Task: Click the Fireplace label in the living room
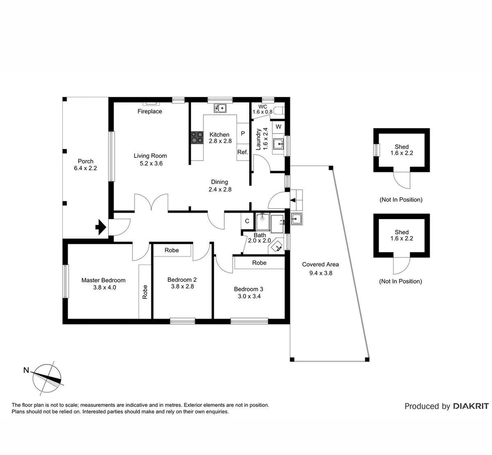click(x=150, y=111)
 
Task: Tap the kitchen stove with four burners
click(x=197, y=137)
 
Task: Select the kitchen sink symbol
click(x=220, y=108)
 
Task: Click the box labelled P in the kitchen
click(x=243, y=133)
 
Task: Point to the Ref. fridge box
click(x=242, y=152)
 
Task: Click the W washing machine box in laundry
click(x=278, y=127)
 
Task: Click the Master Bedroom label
click(x=103, y=280)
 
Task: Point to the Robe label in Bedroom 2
click(x=172, y=250)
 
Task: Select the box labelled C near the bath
click(x=247, y=221)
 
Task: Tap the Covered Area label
click(x=320, y=265)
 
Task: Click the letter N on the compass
click(x=26, y=371)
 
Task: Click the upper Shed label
click(x=402, y=147)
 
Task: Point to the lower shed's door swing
click(x=401, y=265)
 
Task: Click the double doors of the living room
click(x=151, y=203)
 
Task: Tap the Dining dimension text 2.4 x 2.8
click(x=220, y=190)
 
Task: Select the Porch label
click(x=86, y=161)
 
